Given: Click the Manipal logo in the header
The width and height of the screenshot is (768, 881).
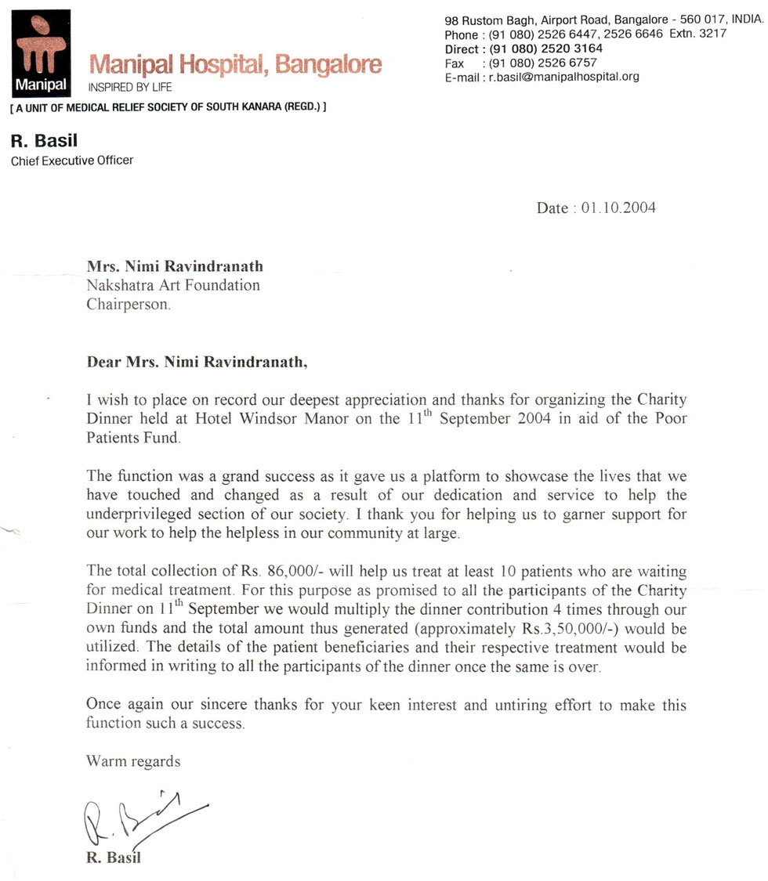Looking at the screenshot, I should point(42,50).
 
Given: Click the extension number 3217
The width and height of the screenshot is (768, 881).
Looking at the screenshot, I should point(713,34).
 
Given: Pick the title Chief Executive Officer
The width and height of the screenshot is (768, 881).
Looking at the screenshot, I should point(71,161).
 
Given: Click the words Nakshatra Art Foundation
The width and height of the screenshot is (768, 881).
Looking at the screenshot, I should point(172,286).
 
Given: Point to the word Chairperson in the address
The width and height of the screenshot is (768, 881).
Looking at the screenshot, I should point(128,305).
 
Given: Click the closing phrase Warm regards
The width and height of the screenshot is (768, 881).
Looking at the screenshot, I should point(133,761).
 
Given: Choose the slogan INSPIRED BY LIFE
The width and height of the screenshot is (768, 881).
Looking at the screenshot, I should point(130,86).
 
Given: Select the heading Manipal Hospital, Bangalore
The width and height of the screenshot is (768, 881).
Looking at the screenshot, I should point(236,64).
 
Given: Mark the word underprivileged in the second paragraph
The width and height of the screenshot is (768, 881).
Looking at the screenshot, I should point(146,515).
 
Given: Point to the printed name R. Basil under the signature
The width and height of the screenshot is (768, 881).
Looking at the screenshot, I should point(114,858).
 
